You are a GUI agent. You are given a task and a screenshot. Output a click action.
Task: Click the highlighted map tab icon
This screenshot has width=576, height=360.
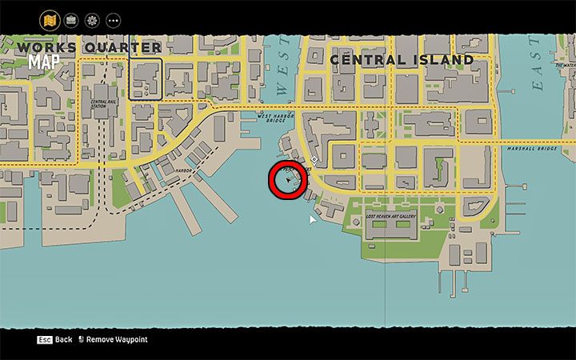(x=50, y=19)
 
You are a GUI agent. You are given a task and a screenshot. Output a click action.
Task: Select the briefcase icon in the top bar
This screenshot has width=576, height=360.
(x=71, y=19)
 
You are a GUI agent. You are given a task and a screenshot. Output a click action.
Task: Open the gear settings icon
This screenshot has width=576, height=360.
(x=92, y=19)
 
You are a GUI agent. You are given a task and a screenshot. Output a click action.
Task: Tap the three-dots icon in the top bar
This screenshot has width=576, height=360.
(x=113, y=19)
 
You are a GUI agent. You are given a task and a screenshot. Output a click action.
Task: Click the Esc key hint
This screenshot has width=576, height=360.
(x=44, y=339)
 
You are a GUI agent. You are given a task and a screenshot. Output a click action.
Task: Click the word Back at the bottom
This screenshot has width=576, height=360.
(x=64, y=339)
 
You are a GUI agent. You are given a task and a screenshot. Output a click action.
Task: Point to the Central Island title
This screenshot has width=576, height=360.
(x=402, y=60)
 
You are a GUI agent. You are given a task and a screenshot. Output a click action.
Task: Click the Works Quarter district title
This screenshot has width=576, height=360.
(x=88, y=48)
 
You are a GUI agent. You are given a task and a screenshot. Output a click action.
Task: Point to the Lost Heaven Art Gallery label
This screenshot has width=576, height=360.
(x=391, y=217)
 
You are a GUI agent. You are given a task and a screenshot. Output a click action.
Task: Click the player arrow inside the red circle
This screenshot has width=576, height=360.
(x=289, y=181)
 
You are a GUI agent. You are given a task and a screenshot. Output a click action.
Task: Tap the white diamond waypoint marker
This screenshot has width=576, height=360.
(x=314, y=159)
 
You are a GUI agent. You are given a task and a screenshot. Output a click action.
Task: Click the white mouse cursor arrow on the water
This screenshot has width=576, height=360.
(x=313, y=219)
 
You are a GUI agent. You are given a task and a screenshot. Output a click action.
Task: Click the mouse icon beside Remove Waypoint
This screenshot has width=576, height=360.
(x=81, y=339)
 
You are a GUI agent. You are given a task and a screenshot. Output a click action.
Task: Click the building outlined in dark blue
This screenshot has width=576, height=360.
(x=146, y=78)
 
